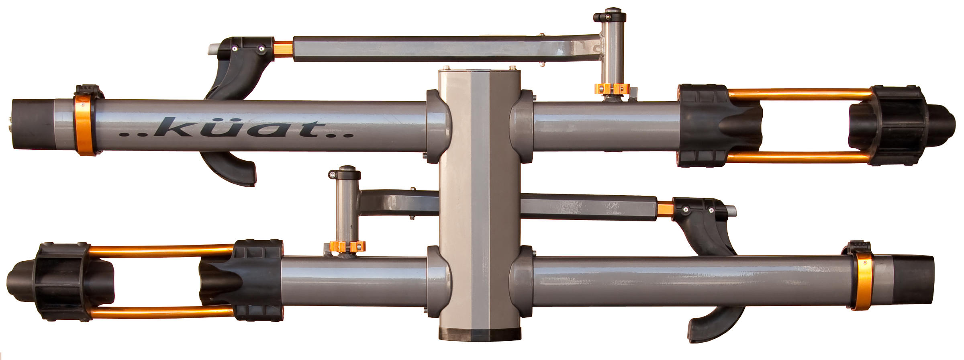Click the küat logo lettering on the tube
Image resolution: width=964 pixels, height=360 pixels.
point(236,128)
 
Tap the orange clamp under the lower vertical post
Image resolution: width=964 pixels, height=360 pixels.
point(347,246)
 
